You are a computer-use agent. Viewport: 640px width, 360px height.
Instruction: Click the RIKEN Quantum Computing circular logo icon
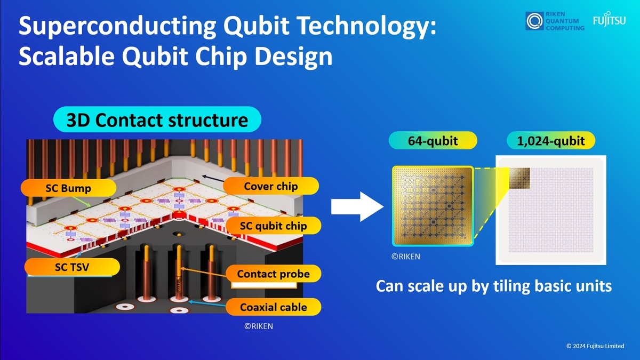coord(534,21)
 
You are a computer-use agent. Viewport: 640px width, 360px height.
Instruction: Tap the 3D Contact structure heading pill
coord(157,119)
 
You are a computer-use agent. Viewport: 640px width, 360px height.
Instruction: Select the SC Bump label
coord(68,188)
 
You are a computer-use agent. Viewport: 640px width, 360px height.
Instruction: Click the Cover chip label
coord(271,186)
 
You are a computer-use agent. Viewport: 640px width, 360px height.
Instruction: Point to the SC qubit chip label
coord(273,226)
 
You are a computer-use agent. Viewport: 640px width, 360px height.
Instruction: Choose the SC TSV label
coord(72,267)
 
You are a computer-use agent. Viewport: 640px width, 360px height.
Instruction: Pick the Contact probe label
coord(274,274)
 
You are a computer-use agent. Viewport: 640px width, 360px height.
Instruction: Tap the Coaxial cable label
coord(274,307)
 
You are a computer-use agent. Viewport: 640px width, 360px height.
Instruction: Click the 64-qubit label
coord(433,140)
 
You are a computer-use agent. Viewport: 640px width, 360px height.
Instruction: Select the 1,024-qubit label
coord(551,140)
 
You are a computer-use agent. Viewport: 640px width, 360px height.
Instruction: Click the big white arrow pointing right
coord(357,206)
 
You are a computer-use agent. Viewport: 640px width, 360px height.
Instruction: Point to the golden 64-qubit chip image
coord(433,206)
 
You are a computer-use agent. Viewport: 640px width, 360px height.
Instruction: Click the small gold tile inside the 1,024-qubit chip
coord(519,178)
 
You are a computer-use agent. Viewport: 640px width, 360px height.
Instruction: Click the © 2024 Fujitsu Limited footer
coord(595,346)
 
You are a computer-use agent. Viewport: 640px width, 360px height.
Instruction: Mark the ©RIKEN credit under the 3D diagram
coord(259,326)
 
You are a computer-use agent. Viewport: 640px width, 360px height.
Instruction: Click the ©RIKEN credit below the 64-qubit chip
coord(406,257)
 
